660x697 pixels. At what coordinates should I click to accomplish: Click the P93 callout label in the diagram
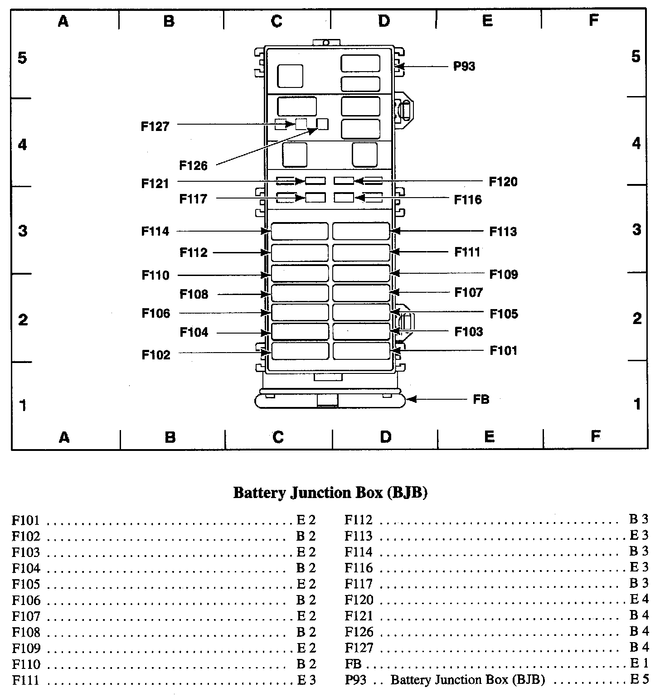tap(464, 67)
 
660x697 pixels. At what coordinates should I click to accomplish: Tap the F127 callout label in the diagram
tap(155, 126)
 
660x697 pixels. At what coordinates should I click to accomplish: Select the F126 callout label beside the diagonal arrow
tap(193, 166)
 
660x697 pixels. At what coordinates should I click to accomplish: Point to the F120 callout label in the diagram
tap(503, 182)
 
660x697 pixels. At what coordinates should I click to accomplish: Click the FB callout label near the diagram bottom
tap(481, 400)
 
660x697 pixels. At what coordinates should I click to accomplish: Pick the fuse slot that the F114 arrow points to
tap(300, 231)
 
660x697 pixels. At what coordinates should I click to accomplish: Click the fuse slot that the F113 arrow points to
tap(361, 231)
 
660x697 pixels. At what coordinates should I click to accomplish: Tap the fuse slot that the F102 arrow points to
tap(300, 351)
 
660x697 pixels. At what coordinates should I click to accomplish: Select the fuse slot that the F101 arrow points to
tap(361, 351)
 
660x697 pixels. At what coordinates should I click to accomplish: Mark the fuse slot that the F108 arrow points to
tap(300, 293)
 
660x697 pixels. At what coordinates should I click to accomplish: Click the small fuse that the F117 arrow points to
tap(315, 198)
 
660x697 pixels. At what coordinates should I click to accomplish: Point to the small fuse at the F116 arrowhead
tap(344, 198)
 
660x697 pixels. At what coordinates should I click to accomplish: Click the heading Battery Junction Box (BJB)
tap(330, 493)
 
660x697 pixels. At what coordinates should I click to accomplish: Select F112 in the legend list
tap(359, 520)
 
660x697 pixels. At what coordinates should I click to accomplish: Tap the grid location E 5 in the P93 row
tap(639, 680)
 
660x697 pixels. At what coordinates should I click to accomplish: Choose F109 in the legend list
tap(26, 649)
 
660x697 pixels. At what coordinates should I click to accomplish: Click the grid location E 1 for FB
tap(639, 664)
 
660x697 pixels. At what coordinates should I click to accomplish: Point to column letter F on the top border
tap(593, 20)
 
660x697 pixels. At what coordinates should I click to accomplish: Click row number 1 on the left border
tap(22, 405)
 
